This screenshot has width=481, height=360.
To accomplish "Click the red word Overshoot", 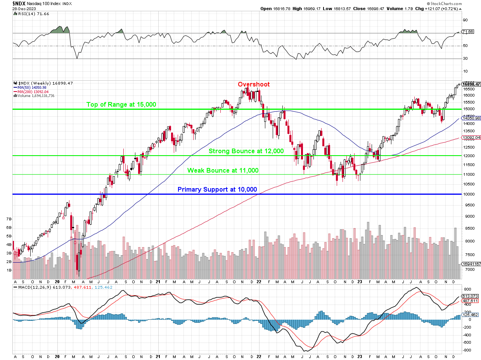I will (x=253, y=84).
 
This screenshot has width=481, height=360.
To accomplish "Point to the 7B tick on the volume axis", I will (x=9, y=219).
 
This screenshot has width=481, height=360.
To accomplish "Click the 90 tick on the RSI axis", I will (x=465, y=20).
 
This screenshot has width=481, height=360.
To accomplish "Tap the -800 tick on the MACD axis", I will (x=467, y=350).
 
